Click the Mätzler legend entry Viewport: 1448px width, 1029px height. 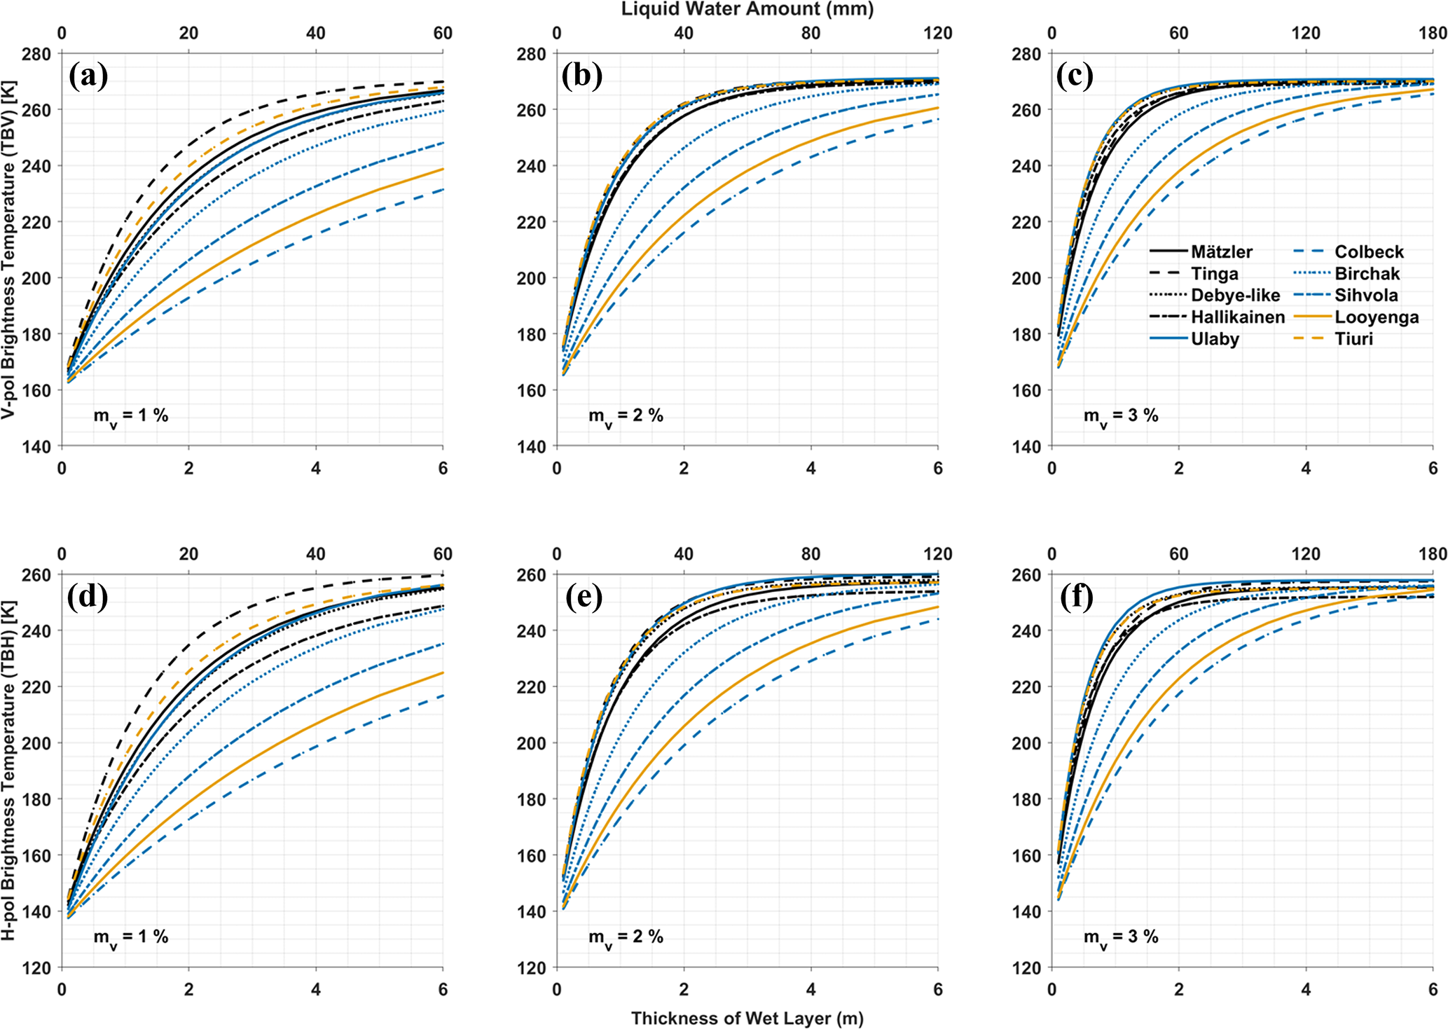pos(1221,251)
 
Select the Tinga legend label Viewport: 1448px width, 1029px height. pos(1215,273)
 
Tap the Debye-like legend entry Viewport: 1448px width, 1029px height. pos(1235,295)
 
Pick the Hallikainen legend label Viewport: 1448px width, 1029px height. pos(1238,317)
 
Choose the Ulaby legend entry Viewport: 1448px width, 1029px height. pos(1215,339)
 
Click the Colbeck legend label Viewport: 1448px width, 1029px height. pos(1369,251)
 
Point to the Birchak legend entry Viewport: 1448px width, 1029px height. pos(1367,273)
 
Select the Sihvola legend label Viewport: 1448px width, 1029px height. pos(1366,295)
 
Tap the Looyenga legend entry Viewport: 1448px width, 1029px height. pos(1377,317)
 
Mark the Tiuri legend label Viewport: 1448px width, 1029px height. pos(1353,339)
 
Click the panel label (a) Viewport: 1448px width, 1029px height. pos(88,76)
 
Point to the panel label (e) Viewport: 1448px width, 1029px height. pos(582,597)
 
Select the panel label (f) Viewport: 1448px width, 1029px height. pos(1077,597)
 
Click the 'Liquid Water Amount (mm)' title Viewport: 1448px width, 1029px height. pos(747,9)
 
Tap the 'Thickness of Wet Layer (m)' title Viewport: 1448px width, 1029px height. pos(747,1018)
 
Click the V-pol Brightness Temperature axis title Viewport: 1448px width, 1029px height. pos(9,249)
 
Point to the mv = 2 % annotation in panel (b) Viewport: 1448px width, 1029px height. pos(626,416)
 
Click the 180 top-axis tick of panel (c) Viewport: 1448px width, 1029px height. pos(1432,33)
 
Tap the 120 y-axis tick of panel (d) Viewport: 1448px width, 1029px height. pos(41,968)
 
